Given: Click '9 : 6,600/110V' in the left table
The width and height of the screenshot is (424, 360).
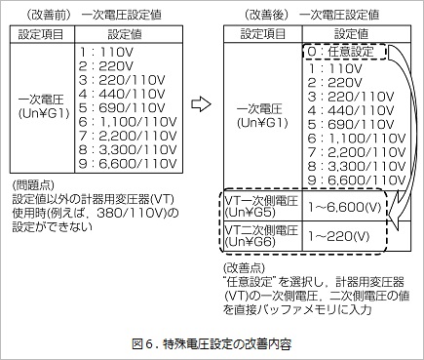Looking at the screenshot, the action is tap(123, 167).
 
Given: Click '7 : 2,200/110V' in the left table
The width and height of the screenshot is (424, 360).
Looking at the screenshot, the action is tap(123, 138).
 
